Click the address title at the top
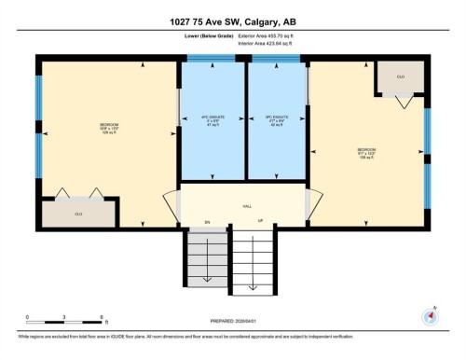pos(233,22)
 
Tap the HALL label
pos(247,206)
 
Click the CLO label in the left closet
pos(78,214)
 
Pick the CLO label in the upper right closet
pos(400,76)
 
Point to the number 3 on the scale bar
pos(62,318)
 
